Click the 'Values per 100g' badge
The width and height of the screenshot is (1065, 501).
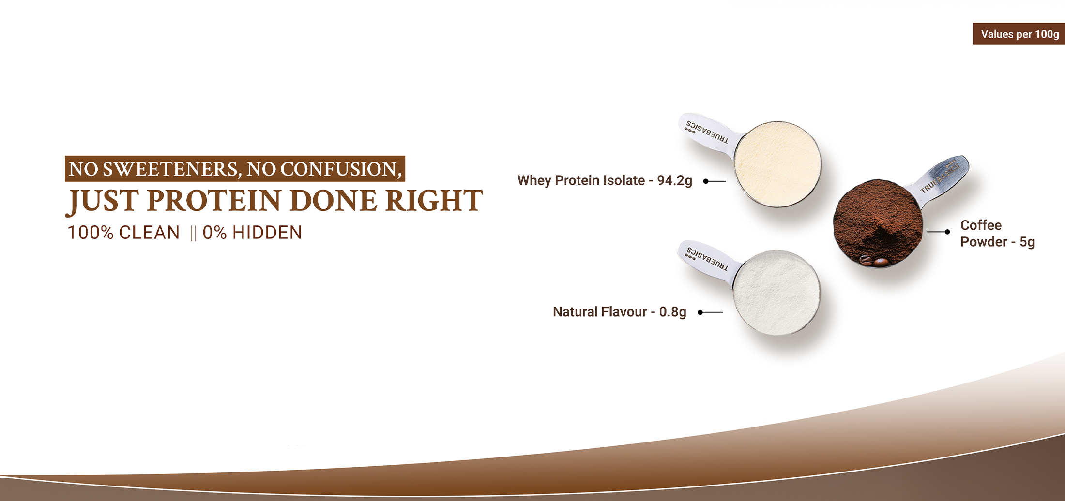(x=1019, y=34)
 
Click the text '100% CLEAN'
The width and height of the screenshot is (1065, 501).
(x=123, y=233)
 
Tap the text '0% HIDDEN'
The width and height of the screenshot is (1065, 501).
(x=252, y=233)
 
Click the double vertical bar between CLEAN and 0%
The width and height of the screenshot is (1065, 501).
(x=193, y=233)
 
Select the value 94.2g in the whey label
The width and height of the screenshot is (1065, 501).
(x=674, y=181)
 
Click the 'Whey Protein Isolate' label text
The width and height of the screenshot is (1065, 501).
(x=581, y=180)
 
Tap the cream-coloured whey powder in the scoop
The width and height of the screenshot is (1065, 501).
(x=777, y=164)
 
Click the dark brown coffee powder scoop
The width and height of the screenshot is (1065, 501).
(x=877, y=222)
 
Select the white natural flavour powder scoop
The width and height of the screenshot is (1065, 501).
(x=776, y=292)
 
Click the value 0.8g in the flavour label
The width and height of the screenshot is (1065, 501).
(x=673, y=312)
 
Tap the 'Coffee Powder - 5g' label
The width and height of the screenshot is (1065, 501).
(x=997, y=234)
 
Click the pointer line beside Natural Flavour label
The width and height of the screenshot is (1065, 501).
(x=711, y=312)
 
